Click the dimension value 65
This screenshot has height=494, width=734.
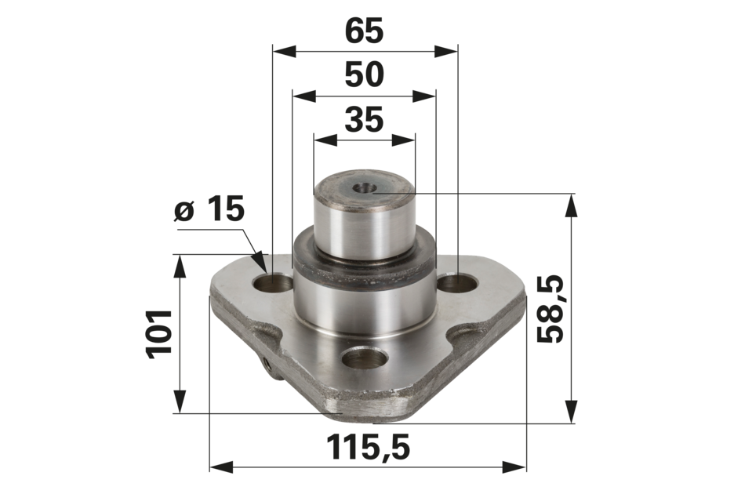(x=364, y=31)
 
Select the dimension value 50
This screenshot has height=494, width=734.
(x=364, y=74)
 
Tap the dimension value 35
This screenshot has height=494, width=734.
(x=364, y=119)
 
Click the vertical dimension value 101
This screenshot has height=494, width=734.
(x=159, y=334)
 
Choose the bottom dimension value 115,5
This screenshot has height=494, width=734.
(x=368, y=447)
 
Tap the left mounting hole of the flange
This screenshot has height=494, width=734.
(x=273, y=283)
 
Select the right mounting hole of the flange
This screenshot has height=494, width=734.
(x=458, y=283)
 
